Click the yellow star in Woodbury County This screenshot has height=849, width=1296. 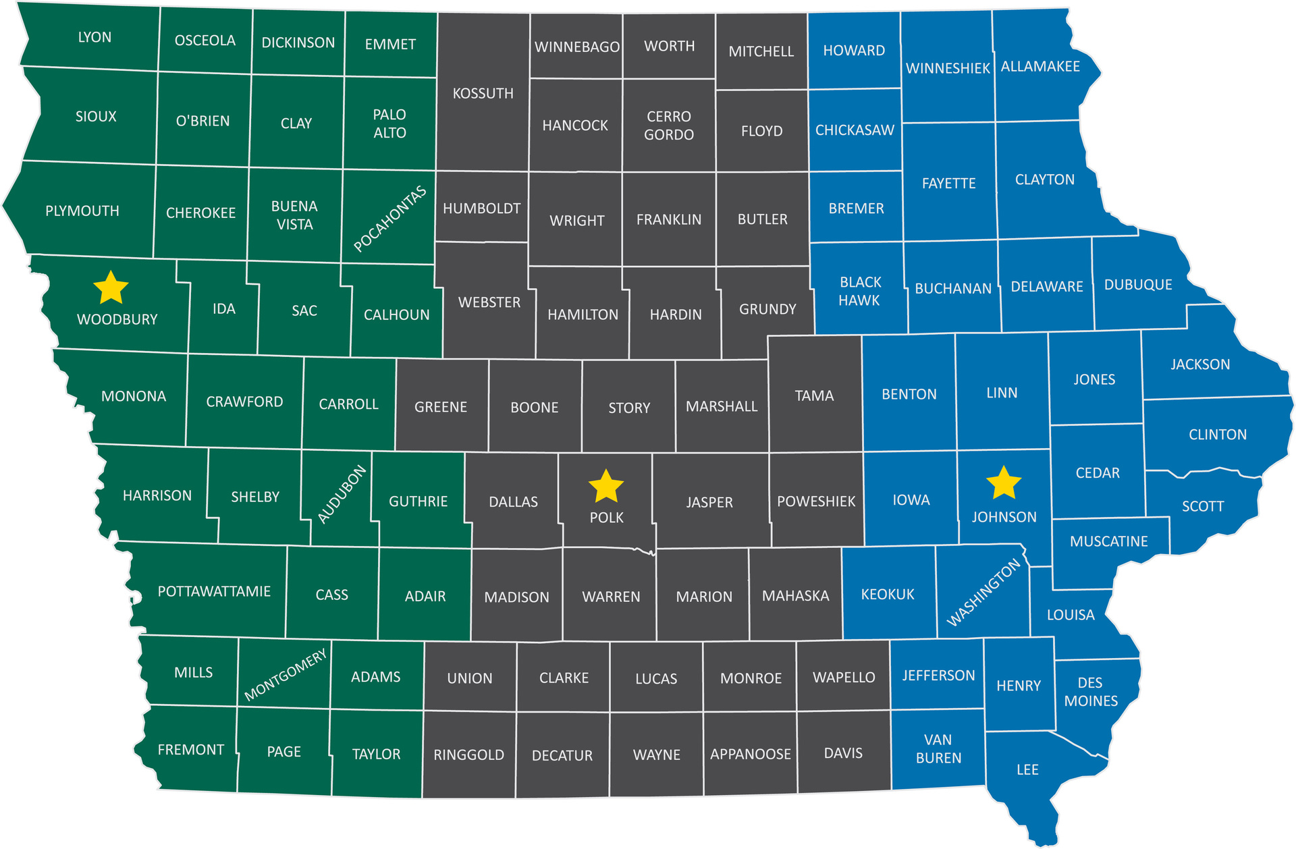point(111,288)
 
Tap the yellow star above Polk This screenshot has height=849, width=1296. point(606,487)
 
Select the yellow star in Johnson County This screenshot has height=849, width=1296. point(1004,483)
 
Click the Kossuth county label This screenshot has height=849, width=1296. point(483,93)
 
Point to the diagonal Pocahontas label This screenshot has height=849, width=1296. point(390,219)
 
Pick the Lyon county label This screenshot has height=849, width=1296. point(94,37)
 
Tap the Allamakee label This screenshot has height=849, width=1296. point(1040,67)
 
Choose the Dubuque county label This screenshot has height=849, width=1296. point(1138,285)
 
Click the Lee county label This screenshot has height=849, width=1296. point(1027,770)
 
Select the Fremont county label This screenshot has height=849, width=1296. point(190,750)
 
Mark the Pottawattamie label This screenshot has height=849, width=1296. point(214,592)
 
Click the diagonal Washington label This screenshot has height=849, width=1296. point(983,593)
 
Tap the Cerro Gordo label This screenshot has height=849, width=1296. point(669,126)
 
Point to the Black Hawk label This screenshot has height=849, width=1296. point(860,291)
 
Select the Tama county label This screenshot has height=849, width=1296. point(814,396)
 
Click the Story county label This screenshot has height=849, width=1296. point(629,408)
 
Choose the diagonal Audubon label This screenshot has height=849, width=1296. point(342,494)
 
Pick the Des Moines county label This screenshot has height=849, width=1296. point(1091,692)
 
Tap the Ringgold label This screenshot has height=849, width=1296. point(468,755)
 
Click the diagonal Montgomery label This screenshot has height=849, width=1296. point(286,675)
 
